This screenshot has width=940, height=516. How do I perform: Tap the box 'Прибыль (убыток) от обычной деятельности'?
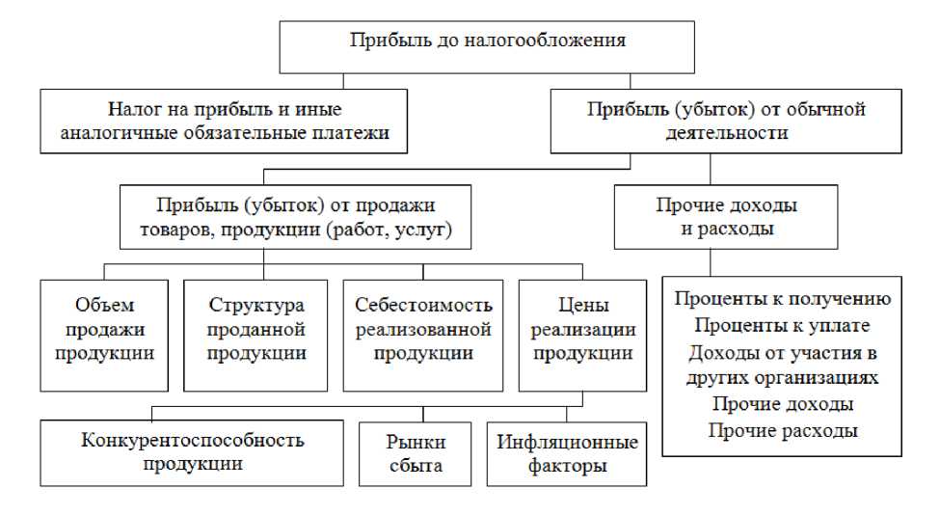725,122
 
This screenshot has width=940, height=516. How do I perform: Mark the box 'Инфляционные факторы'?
567,453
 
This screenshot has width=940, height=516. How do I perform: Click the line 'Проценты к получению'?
783,299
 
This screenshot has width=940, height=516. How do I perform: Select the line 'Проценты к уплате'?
783,325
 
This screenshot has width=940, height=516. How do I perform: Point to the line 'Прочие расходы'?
783,430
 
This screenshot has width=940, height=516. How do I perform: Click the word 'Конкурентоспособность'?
193,441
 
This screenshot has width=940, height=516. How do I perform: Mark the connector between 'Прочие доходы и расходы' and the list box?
712,261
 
